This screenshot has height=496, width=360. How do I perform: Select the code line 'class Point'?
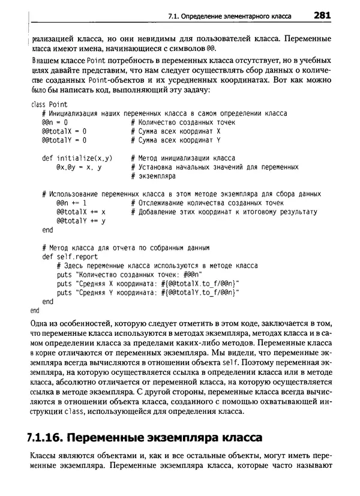click(48, 105)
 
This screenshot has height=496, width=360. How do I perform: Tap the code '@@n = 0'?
click(55, 122)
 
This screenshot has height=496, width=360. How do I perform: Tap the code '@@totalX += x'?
click(81, 212)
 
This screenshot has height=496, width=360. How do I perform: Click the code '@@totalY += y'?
click(81, 221)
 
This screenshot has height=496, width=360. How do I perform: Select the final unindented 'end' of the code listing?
click(34, 311)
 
